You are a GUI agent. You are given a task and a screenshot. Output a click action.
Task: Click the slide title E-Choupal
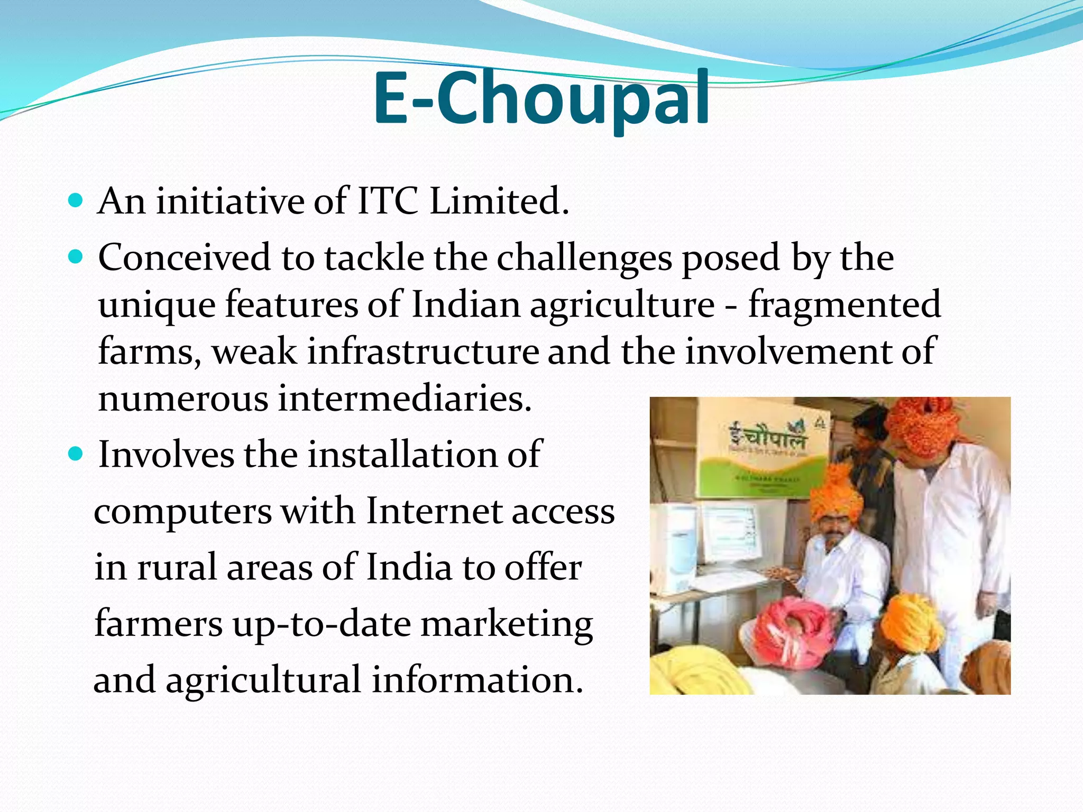[x=541, y=99]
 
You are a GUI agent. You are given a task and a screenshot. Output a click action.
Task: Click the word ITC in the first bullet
[x=388, y=201]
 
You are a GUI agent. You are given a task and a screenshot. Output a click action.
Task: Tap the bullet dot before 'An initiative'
[x=76, y=201]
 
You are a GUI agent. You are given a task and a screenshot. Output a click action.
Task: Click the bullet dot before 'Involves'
[x=76, y=454]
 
